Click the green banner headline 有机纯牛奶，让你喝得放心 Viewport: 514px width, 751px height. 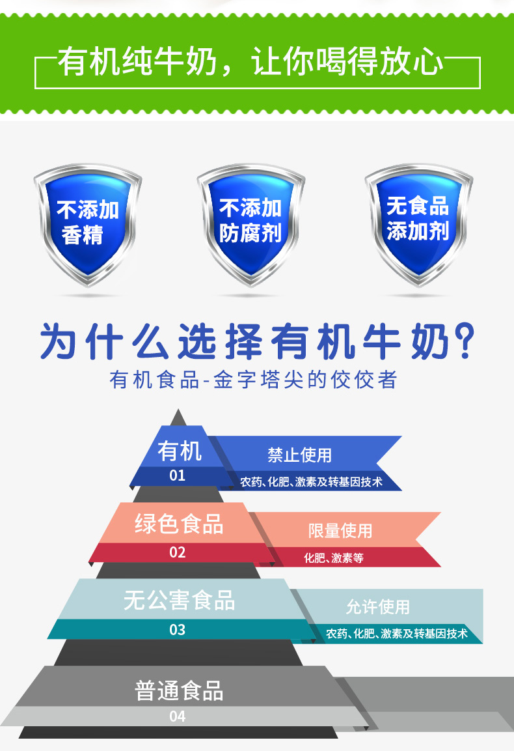tap(251, 64)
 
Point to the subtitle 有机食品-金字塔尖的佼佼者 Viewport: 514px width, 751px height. tap(254, 380)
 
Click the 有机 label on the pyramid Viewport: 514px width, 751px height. tap(179, 451)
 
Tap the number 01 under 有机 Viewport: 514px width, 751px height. tap(177, 475)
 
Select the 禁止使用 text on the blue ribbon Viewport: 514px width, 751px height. tap(299, 455)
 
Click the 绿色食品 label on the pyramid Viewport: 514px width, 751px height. tap(179, 524)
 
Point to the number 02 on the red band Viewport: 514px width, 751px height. tap(177, 552)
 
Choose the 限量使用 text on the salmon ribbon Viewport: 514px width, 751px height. tap(340, 530)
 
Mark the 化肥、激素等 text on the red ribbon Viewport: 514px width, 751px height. tap(333, 558)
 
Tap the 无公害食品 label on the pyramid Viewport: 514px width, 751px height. tap(179, 601)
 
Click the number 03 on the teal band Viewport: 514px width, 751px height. tap(177, 630)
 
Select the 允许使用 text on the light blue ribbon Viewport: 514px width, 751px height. tap(377, 607)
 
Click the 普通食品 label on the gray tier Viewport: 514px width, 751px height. tap(179, 690)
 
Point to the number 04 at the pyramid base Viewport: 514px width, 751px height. tap(177, 716)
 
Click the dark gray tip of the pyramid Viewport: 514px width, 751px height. tap(178, 418)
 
